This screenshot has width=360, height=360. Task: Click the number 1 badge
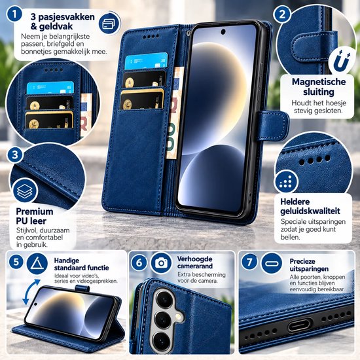tap(14, 14)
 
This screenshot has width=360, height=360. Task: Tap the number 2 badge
tap(282, 14)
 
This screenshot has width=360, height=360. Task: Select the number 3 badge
tap(15, 154)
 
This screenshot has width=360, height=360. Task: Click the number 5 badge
tap(16, 262)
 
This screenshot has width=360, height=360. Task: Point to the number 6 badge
tap(139, 262)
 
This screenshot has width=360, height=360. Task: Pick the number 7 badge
tap(249, 261)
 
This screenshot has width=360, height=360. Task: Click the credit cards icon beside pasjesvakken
tap(109, 23)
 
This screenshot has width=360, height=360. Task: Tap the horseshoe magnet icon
tap(342, 62)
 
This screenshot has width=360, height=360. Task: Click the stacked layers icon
tap(25, 190)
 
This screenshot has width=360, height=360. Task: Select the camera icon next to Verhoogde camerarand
tap(162, 263)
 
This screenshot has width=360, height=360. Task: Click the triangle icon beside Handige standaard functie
tap(37, 264)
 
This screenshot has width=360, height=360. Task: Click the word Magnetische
tap(319, 82)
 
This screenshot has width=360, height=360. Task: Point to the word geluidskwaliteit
tap(310, 211)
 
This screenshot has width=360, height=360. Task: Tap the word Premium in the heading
tap(35, 211)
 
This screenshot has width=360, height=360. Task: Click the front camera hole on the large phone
tap(223, 31)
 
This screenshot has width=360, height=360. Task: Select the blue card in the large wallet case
tap(146, 61)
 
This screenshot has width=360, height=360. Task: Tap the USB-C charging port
tap(300, 325)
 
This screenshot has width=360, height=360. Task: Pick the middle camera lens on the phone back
tap(163, 319)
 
